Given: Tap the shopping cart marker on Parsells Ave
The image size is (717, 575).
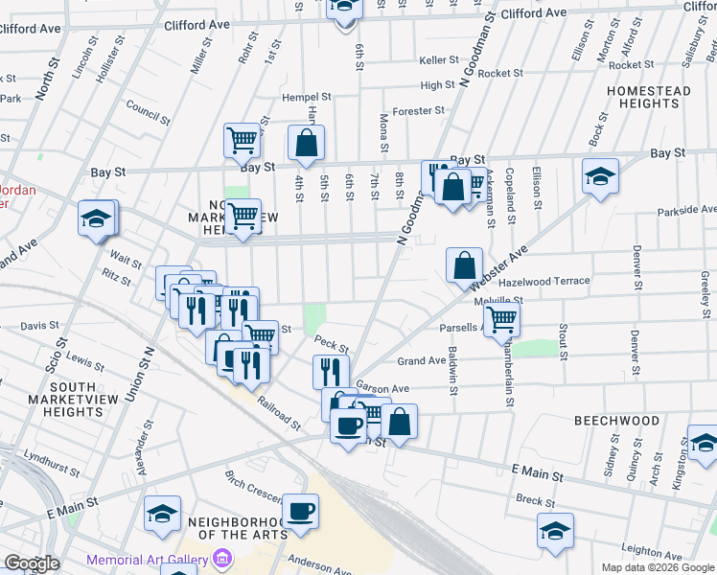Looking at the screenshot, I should point(502,320).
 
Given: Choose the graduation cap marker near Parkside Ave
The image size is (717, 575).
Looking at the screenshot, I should point(600,177).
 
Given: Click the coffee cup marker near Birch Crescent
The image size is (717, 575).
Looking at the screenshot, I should point(301,510).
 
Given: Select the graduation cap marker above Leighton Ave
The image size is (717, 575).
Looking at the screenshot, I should point(556,532).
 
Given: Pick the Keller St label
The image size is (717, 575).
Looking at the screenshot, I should point(441,59).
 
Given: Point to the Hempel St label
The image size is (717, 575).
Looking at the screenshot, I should point(306,97).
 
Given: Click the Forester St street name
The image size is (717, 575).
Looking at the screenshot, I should point(419,110).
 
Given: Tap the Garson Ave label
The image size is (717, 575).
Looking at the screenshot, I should point(382,388).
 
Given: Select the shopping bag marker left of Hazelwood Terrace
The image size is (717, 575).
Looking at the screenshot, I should point(464,264).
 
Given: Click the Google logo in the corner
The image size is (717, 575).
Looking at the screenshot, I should point(32,563).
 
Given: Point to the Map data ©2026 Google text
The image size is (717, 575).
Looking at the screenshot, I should point(657,567).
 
